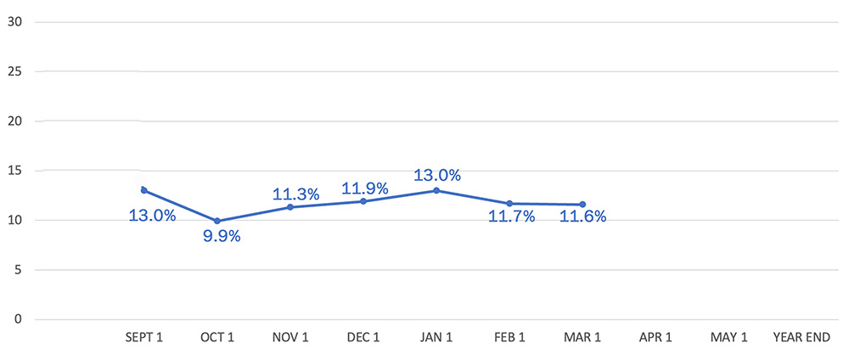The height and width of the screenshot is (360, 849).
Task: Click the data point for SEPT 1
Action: [x=143, y=190]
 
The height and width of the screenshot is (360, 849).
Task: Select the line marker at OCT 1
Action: [x=217, y=221]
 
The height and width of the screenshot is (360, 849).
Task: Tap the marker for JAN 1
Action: [x=436, y=190]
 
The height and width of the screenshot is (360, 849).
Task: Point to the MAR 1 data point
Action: [x=582, y=205]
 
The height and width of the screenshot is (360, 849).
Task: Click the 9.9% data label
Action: [x=222, y=237]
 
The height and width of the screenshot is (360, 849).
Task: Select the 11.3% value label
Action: [x=295, y=194]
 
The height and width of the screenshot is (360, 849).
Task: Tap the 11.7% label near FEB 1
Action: [x=511, y=217]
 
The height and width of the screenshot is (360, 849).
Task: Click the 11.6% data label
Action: [x=583, y=217]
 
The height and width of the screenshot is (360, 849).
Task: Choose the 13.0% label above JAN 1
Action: [x=437, y=176]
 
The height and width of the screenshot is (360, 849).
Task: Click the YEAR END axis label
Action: [x=801, y=338]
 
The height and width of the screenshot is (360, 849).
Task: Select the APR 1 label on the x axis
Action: [x=655, y=338]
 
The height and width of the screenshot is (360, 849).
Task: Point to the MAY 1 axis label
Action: [x=729, y=338]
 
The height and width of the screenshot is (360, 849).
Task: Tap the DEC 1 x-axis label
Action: [x=363, y=338]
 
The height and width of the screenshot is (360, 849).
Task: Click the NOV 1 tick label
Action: [x=290, y=338]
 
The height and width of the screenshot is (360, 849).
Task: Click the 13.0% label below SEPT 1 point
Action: [x=152, y=216]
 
